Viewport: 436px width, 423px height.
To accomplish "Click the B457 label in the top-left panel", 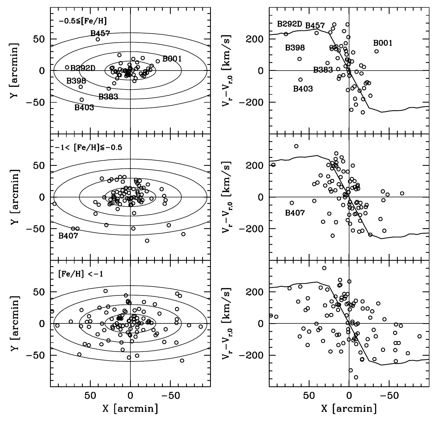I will (100, 33).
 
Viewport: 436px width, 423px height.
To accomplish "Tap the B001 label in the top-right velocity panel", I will (383, 43).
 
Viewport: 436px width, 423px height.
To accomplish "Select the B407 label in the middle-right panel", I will (295, 213).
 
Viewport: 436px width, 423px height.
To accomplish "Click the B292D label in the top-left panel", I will (83, 68).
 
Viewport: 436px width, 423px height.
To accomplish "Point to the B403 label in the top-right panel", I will (303, 89).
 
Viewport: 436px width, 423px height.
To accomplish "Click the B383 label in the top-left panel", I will (108, 97).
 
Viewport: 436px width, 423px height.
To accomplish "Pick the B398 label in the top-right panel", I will (295, 48).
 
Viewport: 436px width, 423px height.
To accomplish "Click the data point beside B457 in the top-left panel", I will (98, 39).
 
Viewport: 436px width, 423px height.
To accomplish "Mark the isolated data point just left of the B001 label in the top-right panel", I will (376, 51).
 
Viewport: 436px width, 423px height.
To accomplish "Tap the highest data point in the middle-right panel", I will (296, 146).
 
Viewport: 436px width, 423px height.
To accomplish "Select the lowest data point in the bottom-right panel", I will (356, 377).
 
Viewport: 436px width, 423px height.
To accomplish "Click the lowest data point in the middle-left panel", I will (147, 241).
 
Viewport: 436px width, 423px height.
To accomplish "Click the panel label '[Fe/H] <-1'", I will (81, 274).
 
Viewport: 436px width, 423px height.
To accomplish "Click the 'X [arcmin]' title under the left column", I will (130, 408).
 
